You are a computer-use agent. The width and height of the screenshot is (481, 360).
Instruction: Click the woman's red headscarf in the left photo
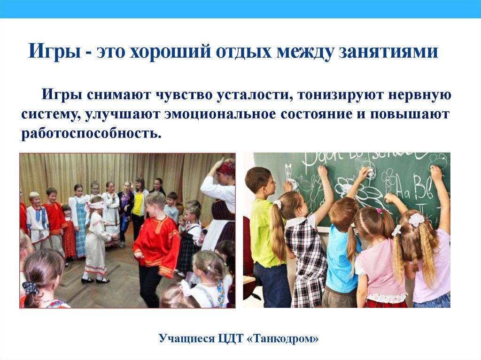coord(226,166)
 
